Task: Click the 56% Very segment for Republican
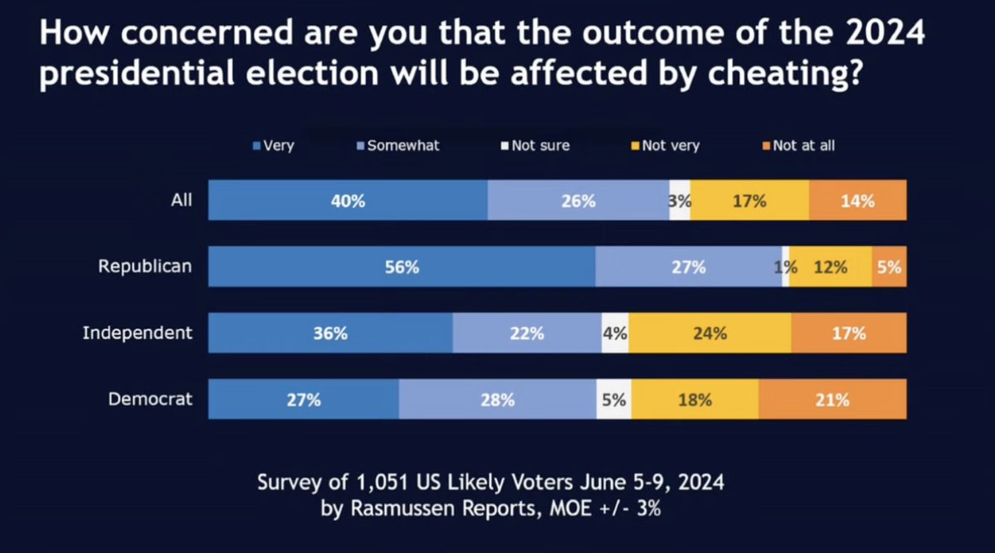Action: click(402, 267)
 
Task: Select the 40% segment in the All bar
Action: click(348, 200)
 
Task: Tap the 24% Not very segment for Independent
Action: click(710, 333)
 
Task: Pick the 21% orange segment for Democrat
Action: click(832, 400)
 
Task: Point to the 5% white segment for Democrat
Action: click(614, 400)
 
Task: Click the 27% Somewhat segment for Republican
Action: click(689, 267)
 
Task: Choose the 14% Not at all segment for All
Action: click(857, 200)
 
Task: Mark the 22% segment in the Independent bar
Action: click(527, 333)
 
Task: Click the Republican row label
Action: click(145, 266)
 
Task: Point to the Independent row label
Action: click(137, 332)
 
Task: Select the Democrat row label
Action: click(150, 399)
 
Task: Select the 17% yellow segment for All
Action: click(749, 200)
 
